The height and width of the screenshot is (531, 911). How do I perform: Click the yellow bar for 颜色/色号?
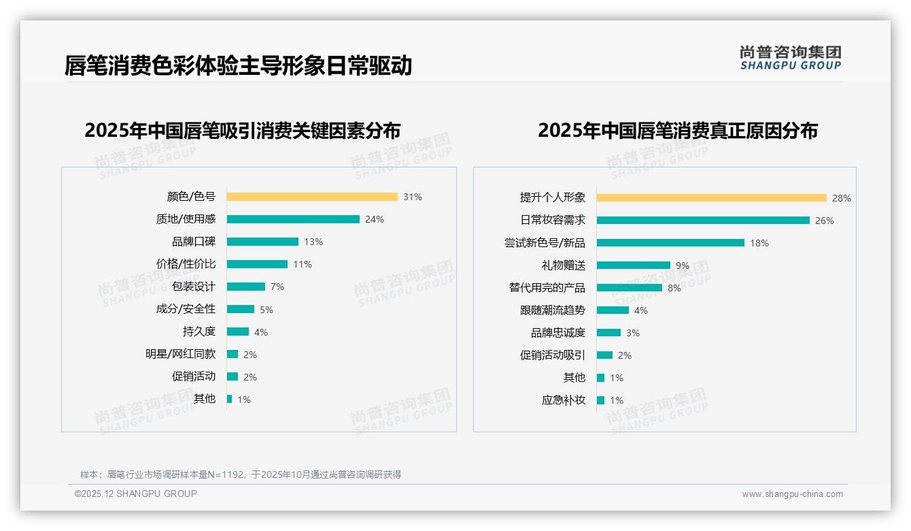coord(312,197)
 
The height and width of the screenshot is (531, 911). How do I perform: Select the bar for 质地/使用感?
coord(293,219)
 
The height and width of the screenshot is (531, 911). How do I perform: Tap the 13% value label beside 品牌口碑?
coord(313,242)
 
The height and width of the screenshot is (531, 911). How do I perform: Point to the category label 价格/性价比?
coord(186,264)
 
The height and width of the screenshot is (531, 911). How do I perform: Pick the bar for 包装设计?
coord(245,287)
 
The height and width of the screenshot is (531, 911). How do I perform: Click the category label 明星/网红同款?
coord(180,354)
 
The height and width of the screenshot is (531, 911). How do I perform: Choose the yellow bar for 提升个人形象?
coord(711,198)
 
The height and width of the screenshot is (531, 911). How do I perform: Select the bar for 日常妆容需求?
coord(703,221)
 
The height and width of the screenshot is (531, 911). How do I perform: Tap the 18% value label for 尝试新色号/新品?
coord(759,243)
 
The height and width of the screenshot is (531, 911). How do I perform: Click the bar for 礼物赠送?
coord(633,265)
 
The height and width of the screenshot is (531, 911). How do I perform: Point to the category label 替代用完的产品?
coord(547,287)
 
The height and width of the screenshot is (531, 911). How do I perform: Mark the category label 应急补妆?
coord(563,400)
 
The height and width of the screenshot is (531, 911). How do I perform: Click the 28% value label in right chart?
coord(841,198)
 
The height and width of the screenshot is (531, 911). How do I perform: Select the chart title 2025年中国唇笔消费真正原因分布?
coord(677,130)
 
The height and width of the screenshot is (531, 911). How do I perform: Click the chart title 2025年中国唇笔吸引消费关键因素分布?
coord(242,130)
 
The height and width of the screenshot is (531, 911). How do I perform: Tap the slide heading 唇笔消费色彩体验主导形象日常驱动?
coord(238,65)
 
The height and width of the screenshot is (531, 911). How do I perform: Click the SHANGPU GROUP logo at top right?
coord(790,58)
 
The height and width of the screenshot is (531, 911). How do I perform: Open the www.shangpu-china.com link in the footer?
coord(792,494)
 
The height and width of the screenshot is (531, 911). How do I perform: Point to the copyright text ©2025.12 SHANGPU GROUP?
coord(135,494)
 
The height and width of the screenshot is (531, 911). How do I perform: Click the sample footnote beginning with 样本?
coord(241,474)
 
